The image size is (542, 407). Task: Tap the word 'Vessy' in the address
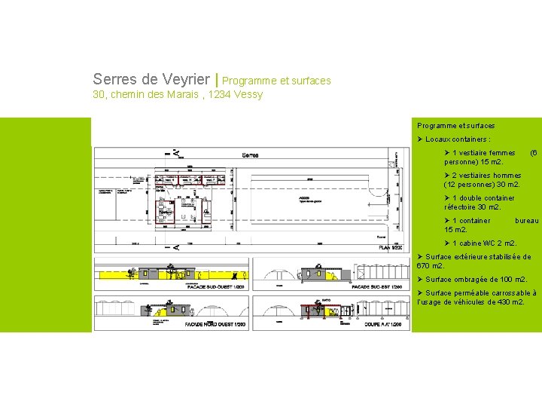click(248, 94)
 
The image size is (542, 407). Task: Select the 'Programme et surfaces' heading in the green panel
click(456, 126)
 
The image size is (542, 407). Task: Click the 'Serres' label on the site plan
click(251, 155)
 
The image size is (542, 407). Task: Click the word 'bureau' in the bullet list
click(526, 221)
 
